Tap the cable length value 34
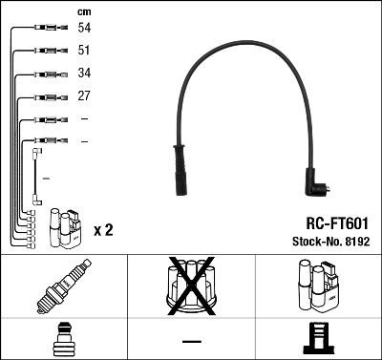[85, 74]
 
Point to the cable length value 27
[85, 96]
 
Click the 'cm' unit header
[83, 11]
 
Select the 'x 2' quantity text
[104, 230]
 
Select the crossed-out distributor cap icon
[191, 287]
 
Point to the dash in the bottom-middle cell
[191, 340]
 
